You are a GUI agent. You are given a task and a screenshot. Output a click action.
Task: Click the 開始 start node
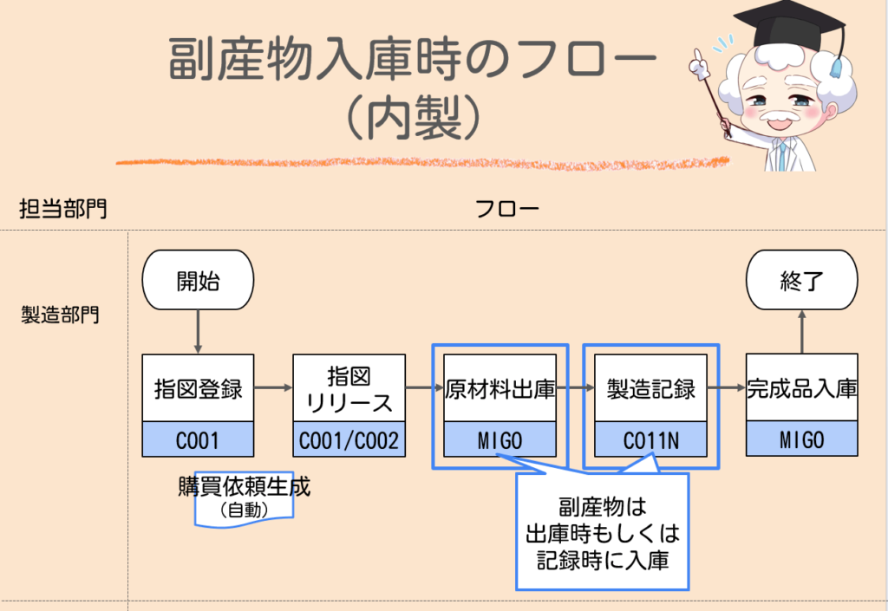198,280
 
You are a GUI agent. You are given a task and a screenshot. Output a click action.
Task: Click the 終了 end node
802,280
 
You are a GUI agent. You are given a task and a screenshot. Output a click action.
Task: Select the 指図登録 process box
198,388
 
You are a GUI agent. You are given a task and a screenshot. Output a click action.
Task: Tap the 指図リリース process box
349,388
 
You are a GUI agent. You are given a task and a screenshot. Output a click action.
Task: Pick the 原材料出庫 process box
499,388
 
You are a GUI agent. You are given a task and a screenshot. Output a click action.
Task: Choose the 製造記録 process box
650,388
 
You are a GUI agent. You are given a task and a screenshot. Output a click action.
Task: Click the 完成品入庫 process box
802,388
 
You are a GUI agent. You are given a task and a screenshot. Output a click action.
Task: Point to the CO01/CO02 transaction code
349,440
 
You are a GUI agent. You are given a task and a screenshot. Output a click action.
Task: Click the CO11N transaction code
650,440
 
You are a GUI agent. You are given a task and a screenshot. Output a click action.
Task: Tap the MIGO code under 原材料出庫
499,440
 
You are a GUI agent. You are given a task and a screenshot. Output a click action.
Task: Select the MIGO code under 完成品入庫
802,440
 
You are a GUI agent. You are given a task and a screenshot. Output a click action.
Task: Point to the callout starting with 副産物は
602,532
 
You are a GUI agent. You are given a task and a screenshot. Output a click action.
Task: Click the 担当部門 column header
63,209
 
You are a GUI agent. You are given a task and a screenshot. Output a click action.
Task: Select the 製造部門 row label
60,315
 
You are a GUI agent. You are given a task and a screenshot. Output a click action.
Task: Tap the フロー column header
507,209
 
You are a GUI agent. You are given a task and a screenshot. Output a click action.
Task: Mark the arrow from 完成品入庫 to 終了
802,332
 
